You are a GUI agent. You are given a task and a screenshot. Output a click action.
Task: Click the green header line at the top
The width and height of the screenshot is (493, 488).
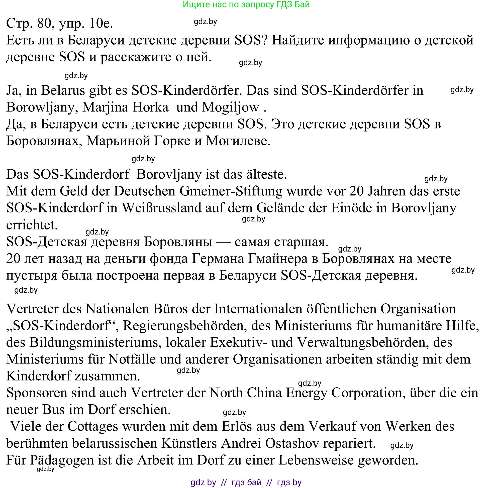tap(246, 5)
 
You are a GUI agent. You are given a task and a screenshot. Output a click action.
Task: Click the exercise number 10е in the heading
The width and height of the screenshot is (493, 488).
tap(101, 24)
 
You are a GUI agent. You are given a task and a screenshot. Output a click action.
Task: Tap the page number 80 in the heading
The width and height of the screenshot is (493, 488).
tap(44, 24)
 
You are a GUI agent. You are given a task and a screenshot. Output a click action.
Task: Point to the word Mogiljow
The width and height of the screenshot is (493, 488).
tap(230, 107)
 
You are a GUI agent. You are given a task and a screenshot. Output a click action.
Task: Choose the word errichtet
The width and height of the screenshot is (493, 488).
tap(32, 225)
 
